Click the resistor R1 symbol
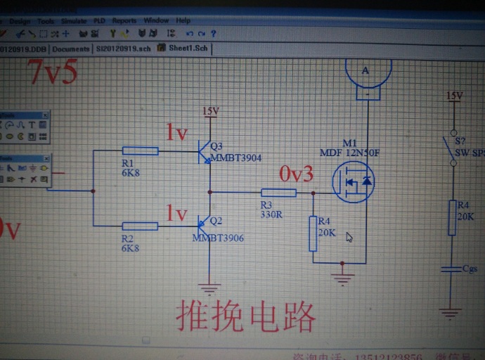(140, 150)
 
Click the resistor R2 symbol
(140, 226)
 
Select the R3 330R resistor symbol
(278, 193)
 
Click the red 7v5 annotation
(52, 72)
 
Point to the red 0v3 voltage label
(297, 174)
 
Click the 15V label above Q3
(211, 111)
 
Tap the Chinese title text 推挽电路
(245, 317)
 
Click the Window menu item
(156, 21)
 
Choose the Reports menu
(124, 21)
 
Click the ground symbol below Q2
(209, 287)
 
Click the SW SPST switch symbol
(451, 148)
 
